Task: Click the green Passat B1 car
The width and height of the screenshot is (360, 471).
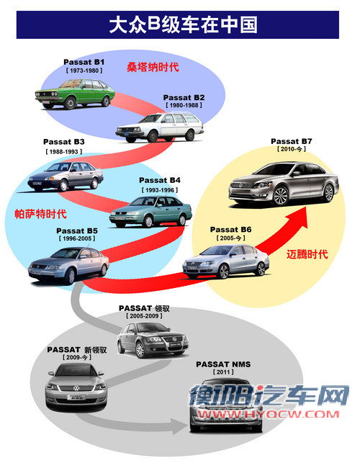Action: (x=75, y=94)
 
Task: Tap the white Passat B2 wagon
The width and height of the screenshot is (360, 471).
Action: (x=160, y=127)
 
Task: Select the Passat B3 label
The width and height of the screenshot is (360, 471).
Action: (x=63, y=141)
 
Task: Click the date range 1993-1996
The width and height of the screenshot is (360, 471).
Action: (x=159, y=190)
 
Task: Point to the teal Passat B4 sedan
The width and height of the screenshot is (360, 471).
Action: (x=150, y=212)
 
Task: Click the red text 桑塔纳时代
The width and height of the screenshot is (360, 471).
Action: (x=153, y=67)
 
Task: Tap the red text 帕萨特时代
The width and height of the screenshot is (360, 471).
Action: (x=40, y=214)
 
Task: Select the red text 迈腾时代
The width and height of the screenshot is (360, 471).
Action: (x=307, y=254)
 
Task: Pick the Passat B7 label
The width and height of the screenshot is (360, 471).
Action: (x=292, y=141)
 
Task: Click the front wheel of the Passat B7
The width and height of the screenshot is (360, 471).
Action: (x=281, y=196)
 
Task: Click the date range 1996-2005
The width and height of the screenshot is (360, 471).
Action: (x=77, y=238)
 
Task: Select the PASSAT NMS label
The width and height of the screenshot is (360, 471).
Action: (x=223, y=364)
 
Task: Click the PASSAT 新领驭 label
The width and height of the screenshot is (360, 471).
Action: (x=77, y=350)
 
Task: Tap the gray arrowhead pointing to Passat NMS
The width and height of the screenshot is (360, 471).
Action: (x=179, y=426)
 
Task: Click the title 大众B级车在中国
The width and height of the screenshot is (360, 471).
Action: (x=183, y=25)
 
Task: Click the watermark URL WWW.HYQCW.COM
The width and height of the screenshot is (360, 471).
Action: (x=269, y=414)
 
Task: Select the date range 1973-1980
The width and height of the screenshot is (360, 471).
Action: (x=84, y=71)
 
